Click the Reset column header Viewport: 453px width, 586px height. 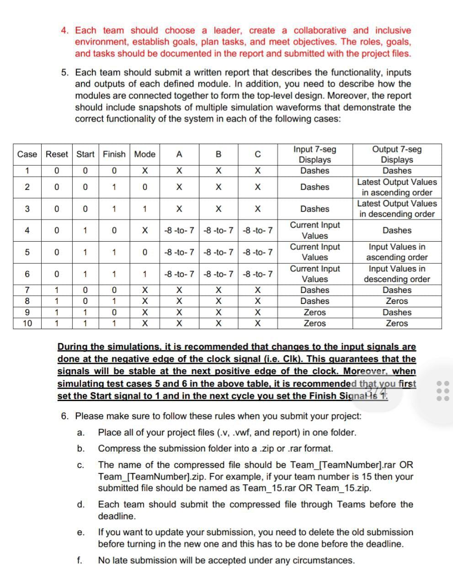pos(57,154)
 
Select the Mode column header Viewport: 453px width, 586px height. pos(144,154)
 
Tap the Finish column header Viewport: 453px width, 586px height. pos(114,154)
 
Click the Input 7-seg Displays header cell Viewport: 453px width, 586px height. pos(314,154)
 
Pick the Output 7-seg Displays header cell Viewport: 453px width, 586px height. pos(397,154)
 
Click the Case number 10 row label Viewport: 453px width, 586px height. pos(27,323)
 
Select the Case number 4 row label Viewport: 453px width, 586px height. pos(27,230)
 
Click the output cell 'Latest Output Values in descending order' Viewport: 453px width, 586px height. pos(397,209)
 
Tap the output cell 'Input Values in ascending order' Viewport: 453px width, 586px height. pos(397,252)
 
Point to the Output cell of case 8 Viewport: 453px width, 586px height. pos(397,301)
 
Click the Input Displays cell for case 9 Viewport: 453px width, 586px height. pos(314,312)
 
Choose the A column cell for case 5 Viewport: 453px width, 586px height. pos(179,252)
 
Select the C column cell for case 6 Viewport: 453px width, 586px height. pos(258,274)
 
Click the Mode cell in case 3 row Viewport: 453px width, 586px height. pos(144,209)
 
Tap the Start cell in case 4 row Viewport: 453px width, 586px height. pos(85,230)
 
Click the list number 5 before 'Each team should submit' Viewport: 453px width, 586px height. pos(65,72)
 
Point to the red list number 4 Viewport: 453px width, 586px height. pos(65,31)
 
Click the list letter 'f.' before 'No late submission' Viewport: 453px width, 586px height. pos(80,560)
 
